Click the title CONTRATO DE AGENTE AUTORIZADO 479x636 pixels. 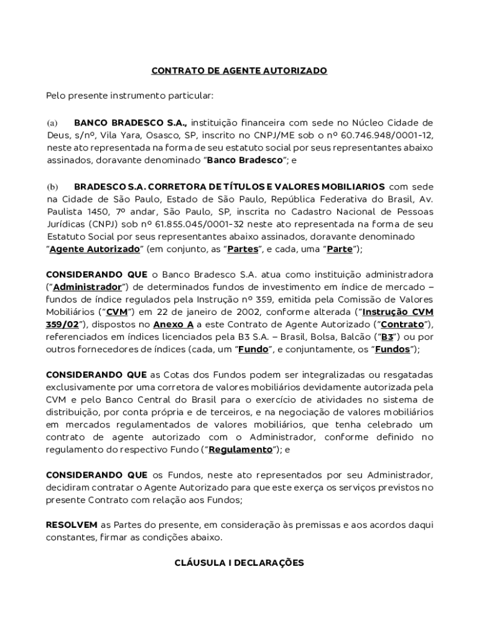240,71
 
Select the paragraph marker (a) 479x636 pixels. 52,122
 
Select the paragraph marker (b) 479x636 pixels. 52,187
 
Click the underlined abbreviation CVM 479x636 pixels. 116,312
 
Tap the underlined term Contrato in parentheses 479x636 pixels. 402,325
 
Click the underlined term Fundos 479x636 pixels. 392,350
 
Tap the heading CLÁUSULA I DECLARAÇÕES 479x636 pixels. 240,563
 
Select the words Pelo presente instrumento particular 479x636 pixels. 130,96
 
